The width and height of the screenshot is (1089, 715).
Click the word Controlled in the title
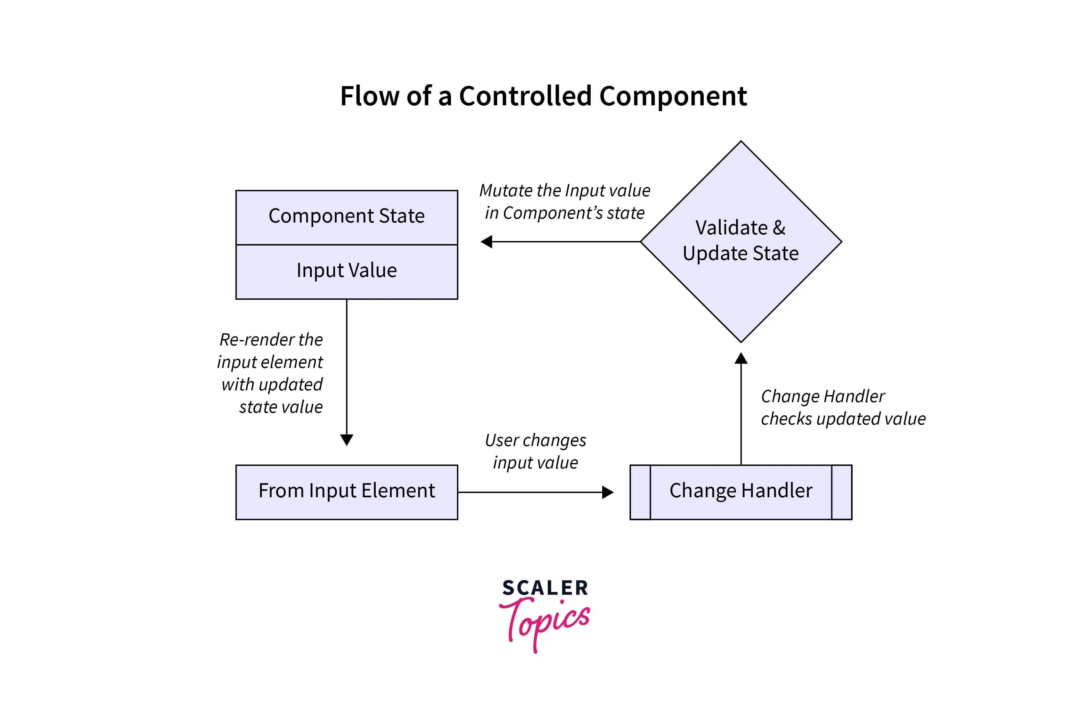coord(525,96)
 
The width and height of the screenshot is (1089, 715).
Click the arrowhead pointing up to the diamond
coord(741,358)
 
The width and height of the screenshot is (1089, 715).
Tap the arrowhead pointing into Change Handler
coord(607,492)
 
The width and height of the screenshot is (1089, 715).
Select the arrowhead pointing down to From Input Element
coord(346,440)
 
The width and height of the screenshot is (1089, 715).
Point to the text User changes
coord(535,441)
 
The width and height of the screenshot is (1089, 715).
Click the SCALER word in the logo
coord(545,588)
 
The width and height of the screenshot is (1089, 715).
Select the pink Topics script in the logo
coord(547,622)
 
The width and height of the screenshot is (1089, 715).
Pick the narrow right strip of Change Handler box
coord(841,492)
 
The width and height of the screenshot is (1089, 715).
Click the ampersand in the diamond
coord(779,228)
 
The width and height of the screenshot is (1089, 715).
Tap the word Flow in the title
coord(370,96)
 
